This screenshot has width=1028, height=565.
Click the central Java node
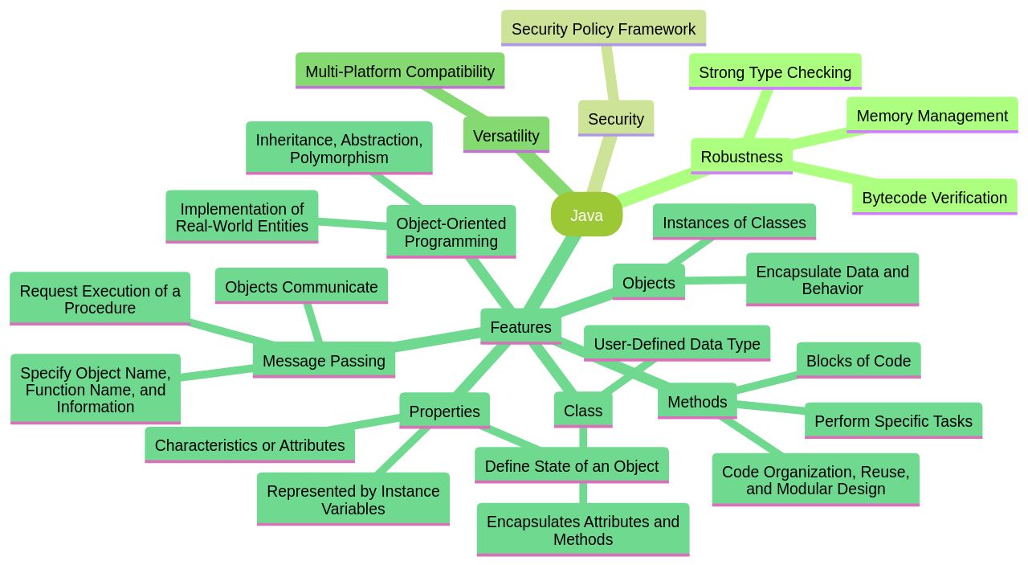click(x=586, y=215)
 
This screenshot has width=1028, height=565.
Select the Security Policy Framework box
click(x=603, y=28)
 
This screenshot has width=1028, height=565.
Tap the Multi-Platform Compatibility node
click(x=400, y=71)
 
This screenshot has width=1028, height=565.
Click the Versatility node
click(x=506, y=135)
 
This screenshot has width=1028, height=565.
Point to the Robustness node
click(x=741, y=156)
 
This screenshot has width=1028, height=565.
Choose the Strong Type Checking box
click(x=774, y=72)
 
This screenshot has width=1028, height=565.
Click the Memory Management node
click(x=932, y=115)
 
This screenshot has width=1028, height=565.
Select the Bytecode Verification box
click(x=934, y=197)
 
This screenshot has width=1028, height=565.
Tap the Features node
click(x=520, y=326)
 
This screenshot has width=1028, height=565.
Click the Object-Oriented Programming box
click(x=451, y=231)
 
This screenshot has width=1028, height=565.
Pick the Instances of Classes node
click(x=734, y=222)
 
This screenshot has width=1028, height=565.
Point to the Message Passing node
click(x=324, y=360)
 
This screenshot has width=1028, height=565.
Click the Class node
click(x=582, y=410)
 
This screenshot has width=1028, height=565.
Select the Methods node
click(x=696, y=401)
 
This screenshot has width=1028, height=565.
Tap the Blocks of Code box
click(x=858, y=360)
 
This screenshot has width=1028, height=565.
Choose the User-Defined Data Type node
click(x=676, y=343)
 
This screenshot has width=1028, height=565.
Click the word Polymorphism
click(x=339, y=158)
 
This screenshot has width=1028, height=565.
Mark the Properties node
click(x=444, y=411)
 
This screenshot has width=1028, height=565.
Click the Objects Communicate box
click(x=301, y=286)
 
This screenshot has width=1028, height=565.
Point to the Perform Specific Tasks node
click(x=893, y=420)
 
